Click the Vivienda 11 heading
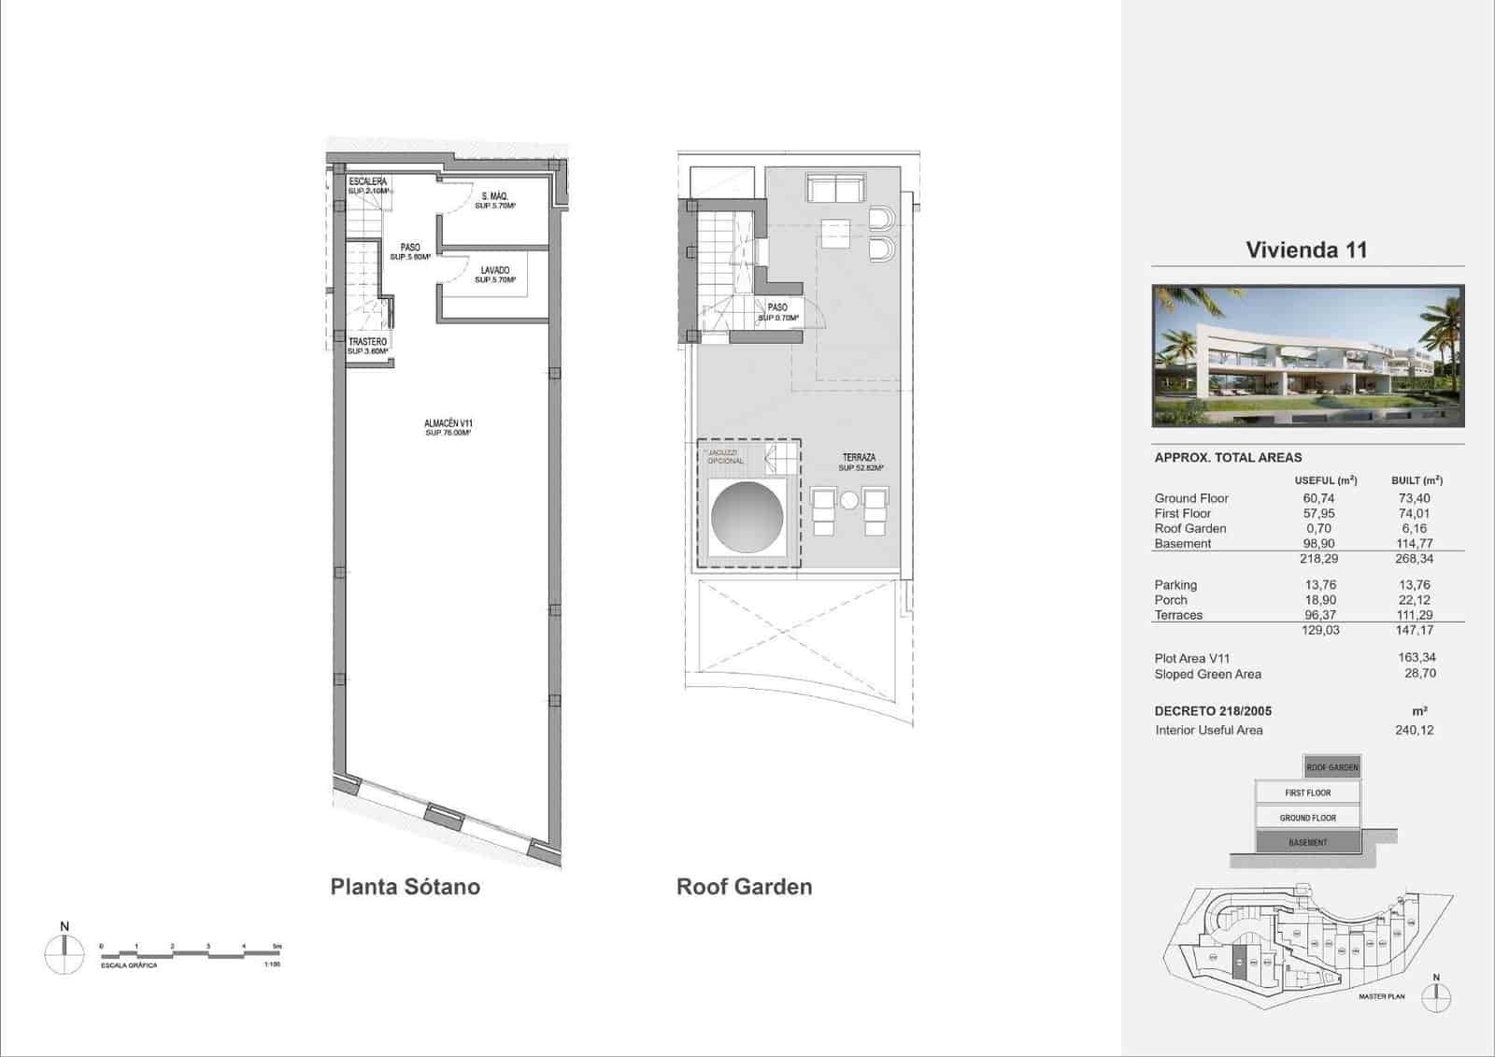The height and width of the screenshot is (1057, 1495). [1306, 250]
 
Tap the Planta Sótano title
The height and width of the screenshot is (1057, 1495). [405, 886]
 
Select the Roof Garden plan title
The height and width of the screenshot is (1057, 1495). [744, 886]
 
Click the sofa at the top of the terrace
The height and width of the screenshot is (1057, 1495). [834, 189]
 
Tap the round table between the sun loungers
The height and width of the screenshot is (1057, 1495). [848, 501]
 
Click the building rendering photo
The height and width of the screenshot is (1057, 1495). [1307, 356]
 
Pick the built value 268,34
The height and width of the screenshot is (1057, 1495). [1414, 559]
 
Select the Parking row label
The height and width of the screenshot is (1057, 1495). [1175, 585]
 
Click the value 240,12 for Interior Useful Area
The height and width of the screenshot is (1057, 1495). [1414, 730]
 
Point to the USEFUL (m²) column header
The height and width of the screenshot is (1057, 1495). [1325, 480]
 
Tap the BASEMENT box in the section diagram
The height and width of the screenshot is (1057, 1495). [1307, 842]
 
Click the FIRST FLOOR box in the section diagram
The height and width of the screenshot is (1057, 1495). [1307, 793]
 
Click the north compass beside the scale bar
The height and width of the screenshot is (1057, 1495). [64, 953]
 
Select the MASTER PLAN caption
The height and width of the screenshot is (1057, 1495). [1381, 996]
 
